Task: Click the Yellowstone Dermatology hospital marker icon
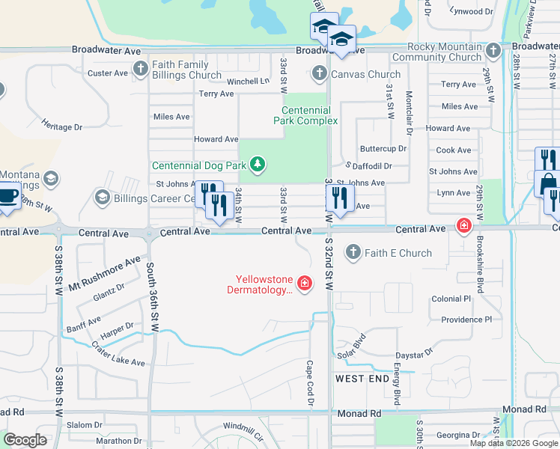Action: (305, 283)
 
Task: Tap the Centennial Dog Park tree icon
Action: (258, 164)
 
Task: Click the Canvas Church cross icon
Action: (320, 73)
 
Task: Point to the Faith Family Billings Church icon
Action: (141, 70)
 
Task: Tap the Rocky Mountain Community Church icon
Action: (492, 51)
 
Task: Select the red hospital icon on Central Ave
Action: (464, 224)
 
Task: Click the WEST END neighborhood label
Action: (362, 379)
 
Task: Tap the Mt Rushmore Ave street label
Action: (104, 274)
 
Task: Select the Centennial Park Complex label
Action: (305, 114)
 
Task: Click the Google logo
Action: (25, 440)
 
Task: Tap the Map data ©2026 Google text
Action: (514, 443)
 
